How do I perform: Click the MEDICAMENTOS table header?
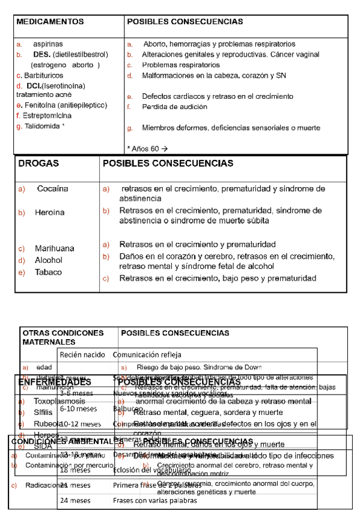(50, 22)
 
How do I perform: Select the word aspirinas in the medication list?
(47, 45)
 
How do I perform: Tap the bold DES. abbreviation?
(41, 55)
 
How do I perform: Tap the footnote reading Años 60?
(147, 148)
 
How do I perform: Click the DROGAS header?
(38, 164)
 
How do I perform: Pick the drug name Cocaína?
(53, 189)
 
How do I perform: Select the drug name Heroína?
(49, 213)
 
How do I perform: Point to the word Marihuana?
(55, 248)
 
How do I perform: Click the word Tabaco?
(48, 272)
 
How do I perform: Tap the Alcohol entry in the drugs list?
(49, 260)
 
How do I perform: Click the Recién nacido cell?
(82, 355)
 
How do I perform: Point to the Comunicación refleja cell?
(147, 355)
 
